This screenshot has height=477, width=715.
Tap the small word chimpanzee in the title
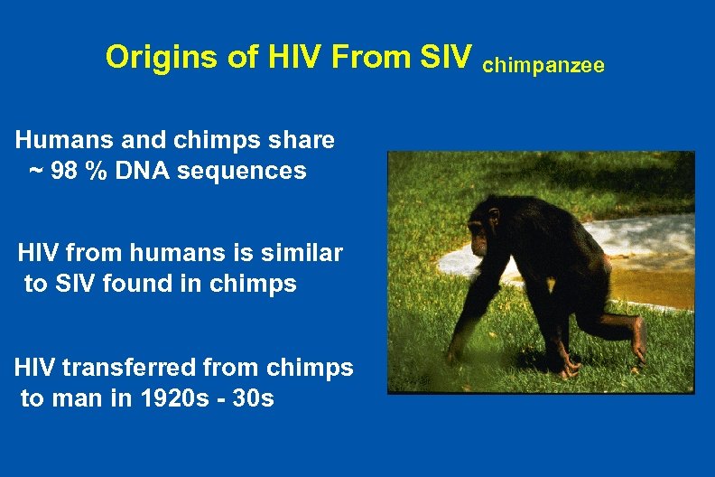pyautogui.click(x=544, y=65)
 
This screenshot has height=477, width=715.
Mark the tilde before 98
pyautogui.click(x=35, y=171)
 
